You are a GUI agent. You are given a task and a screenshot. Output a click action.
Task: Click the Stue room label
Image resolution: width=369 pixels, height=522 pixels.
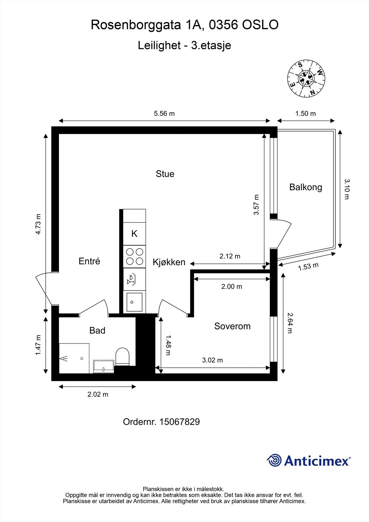(165, 174)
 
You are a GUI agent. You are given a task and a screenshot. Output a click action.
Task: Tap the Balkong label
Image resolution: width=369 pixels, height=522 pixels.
(306, 187)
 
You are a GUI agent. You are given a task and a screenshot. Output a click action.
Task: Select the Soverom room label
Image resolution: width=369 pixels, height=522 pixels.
(232, 326)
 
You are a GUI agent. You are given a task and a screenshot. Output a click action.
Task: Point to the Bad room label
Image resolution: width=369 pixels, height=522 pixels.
(98, 330)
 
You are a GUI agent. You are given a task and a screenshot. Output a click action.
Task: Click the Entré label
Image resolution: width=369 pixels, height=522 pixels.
(89, 261)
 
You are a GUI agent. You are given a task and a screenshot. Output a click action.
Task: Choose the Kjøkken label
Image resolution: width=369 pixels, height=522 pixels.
(169, 262)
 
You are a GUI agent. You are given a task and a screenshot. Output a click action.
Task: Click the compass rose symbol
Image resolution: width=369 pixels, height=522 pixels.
(306, 79)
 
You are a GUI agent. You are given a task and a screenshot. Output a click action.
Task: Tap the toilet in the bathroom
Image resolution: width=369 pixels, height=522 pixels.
(122, 357)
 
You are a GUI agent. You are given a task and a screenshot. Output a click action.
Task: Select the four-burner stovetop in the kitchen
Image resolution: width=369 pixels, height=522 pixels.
(134, 256)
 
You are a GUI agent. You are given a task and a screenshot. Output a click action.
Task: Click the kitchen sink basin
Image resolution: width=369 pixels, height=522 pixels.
(134, 302)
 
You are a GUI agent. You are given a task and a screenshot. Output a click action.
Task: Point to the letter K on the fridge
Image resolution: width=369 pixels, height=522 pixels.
(134, 234)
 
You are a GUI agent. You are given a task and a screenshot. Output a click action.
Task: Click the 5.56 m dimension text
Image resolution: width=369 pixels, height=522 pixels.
(164, 114)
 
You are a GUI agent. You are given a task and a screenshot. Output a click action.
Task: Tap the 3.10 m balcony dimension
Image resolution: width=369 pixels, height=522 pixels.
(347, 189)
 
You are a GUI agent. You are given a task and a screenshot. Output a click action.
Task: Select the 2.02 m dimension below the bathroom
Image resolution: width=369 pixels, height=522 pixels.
(98, 394)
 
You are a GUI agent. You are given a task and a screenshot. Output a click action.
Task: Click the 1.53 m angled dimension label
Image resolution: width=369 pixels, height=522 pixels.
(308, 266)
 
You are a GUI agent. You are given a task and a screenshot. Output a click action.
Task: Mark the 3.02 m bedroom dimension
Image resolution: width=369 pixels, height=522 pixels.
(212, 360)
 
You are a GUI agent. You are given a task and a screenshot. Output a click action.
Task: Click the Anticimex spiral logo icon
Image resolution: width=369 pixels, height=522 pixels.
(274, 460)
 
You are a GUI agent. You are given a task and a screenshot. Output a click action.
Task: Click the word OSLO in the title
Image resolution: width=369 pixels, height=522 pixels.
(260, 25)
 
